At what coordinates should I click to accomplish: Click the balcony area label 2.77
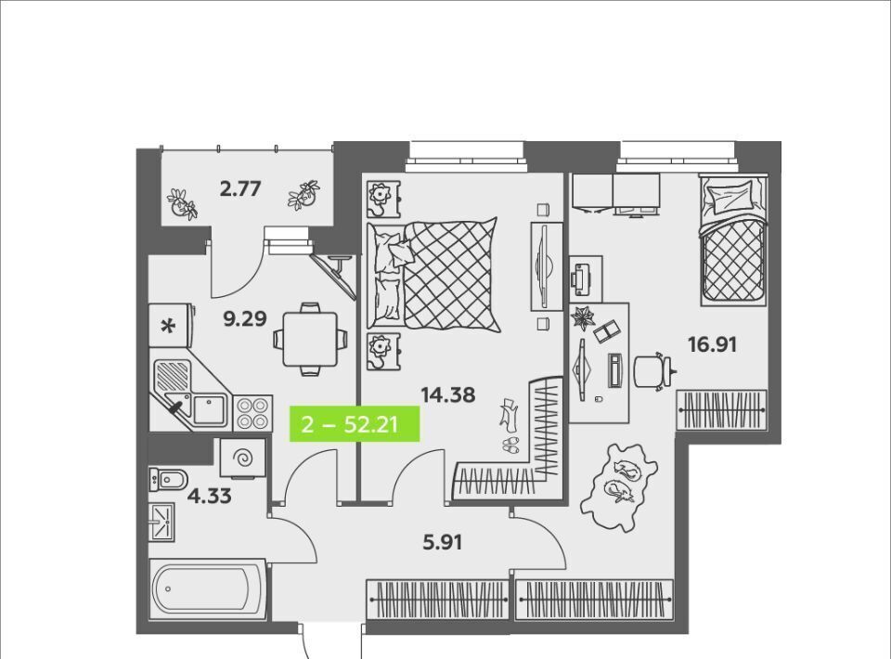pos(239,188)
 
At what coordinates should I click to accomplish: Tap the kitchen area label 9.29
pos(245,319)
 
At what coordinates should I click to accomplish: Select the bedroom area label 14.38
pos(447,394)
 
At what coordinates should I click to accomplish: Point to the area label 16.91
pos(712,344)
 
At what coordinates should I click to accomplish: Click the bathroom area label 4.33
pos(209,496)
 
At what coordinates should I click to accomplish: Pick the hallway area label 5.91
pos(442,543)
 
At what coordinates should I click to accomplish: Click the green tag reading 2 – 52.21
pos(355,424)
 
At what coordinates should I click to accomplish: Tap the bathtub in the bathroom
pos(208,589)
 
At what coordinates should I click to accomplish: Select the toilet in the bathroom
pos(168,480)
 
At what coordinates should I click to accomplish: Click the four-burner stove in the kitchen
pos(252,413)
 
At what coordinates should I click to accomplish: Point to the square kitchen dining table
pos(310,340)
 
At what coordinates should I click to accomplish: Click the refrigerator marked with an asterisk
pos(172,326)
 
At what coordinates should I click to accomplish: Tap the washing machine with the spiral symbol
pos(243,458)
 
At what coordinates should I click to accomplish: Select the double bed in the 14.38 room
pos(433,275)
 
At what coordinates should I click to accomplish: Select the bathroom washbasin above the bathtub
pos(161,522)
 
